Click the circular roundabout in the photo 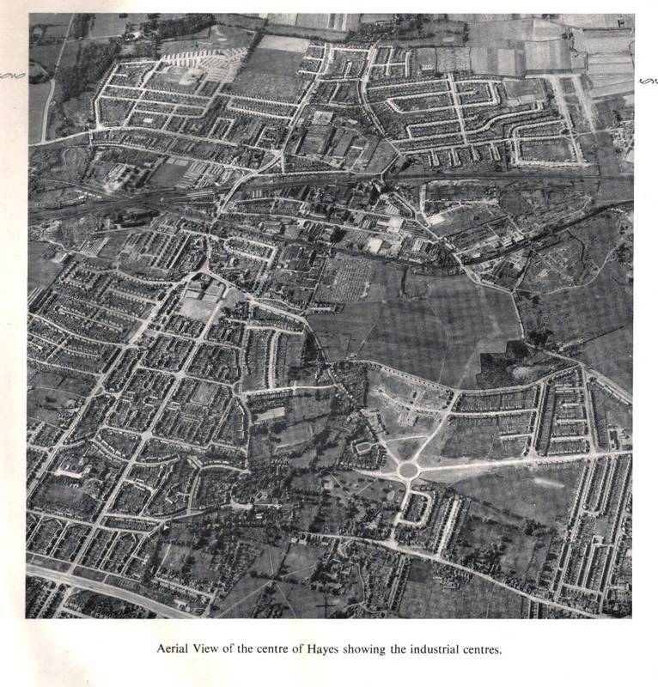pyautogui.click(x=407, y=470)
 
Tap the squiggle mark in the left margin pyautogui.click(x=12, y=76)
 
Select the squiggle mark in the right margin pyautogui.click(x=648, y=81)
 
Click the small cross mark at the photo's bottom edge pyautogui.click(x=327, y=607)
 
